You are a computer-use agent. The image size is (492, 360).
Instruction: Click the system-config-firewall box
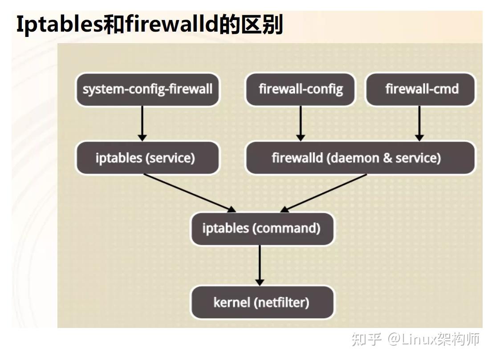point(147,89)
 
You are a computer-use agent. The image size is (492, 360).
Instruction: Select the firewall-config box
point(301,89)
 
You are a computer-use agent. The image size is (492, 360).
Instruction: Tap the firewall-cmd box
point(421,89)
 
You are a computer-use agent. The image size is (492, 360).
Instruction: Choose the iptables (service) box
point(147,158)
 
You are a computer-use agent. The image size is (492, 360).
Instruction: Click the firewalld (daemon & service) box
point(360,158)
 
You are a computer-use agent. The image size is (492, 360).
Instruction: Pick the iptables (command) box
point(262,229)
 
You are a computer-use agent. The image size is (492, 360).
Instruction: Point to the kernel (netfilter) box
point(262,303)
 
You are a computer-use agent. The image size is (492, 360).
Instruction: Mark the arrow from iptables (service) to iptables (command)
point(189,192)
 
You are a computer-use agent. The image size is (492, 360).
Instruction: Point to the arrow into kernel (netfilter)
point(260,265)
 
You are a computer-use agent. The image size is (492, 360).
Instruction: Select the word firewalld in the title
point(171,25)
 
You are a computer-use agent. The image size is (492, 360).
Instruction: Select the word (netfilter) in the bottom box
point(281,303)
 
